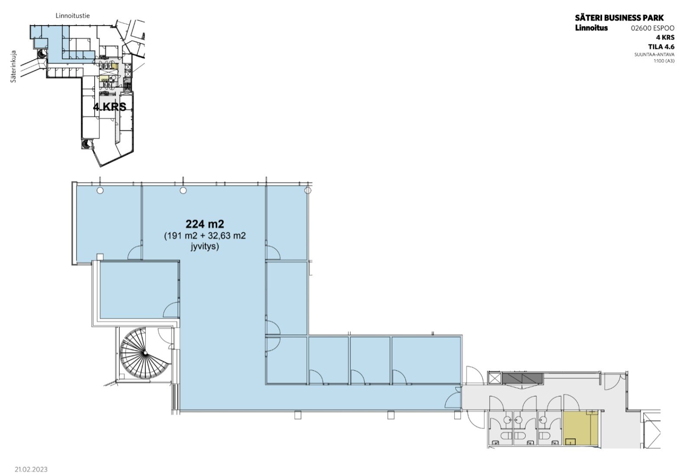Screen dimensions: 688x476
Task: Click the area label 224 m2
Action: tap(205, 224)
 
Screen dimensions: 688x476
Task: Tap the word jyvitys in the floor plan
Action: tap(205, 246)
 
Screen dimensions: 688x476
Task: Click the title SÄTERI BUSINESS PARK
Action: tap(619, 17)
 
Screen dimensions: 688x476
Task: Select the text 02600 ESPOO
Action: tap(653, 28)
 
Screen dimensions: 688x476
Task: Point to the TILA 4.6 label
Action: tap(661, 47)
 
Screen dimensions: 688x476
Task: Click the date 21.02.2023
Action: tap(31, 469)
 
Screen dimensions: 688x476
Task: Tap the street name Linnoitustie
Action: tap(73, 16)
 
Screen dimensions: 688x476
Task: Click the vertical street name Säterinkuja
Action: tap(13, 66)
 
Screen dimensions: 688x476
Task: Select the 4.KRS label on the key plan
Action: tap(110, 107)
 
